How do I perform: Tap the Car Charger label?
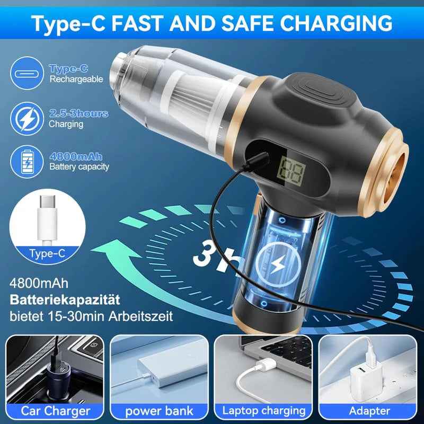(55, 410)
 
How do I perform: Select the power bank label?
(159, 410)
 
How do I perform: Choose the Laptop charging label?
(264, 410)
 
